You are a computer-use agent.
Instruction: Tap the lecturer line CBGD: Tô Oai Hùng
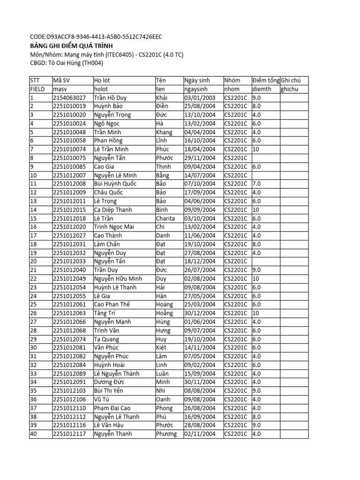(x=66, y=63)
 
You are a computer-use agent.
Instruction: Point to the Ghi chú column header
(x=291, y=81)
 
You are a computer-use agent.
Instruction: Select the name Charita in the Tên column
(x=165, y=218)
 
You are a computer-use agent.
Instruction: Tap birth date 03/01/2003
(x=200, y=98)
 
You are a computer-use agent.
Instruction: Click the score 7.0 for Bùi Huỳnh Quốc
(x=256, y=184)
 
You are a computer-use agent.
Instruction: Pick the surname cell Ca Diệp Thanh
(x=113, y=210)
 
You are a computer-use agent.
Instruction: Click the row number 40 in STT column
(x=33, y=434)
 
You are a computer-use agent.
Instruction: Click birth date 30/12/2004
(x=200, y=313)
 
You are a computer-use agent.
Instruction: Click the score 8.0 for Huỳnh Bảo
(x=256, y=106)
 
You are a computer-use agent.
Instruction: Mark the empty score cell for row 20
(x=265, y=262)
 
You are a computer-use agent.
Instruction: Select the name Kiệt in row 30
(x=161, y=348)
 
